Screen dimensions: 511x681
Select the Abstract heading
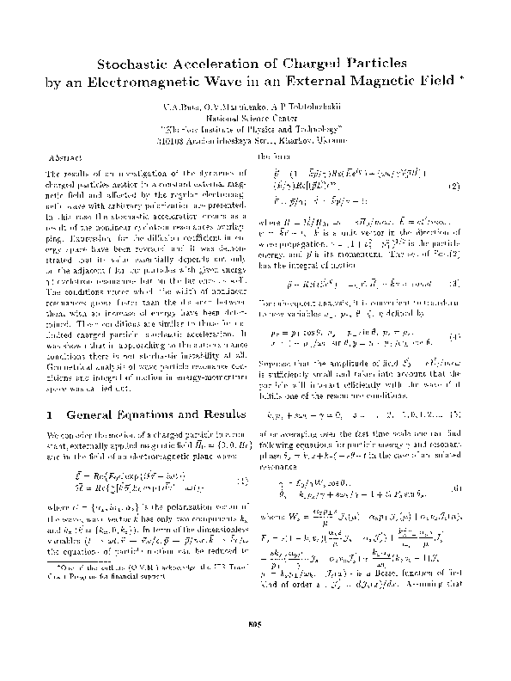point(66,160)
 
